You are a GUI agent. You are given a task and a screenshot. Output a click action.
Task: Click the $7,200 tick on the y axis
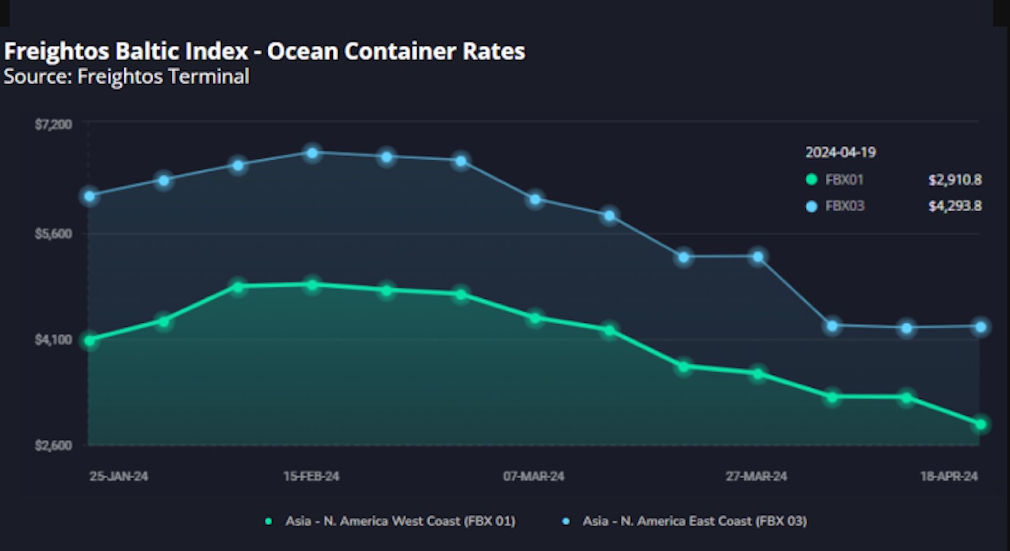(53, 124)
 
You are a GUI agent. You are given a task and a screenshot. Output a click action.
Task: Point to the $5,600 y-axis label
(53, 234)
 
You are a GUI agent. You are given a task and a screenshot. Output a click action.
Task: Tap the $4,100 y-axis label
(53, 339)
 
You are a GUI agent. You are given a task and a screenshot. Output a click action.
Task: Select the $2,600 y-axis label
(53, 445)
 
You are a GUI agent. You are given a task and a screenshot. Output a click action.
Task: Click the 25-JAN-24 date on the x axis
(119, 476)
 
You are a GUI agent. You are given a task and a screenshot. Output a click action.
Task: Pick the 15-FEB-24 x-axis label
(311, 476)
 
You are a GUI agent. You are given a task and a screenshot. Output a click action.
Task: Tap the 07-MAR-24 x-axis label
(534, 476)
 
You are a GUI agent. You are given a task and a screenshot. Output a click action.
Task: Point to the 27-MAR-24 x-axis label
(756, 476)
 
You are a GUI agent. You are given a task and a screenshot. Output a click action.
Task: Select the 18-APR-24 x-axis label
(949, 476)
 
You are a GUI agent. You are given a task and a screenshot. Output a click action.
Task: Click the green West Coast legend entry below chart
(391, 521)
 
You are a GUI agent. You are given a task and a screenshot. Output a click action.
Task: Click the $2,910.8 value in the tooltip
(955, 180)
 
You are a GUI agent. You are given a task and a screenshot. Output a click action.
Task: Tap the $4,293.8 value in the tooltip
(955, 206)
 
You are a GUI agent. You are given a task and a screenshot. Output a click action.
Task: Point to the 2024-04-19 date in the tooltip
(840, 153)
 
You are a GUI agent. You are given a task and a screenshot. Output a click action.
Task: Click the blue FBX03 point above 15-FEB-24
(313, 153)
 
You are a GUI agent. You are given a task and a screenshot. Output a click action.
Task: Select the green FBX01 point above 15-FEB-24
(313, 285)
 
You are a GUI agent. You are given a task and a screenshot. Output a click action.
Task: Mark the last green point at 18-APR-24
(981, 424)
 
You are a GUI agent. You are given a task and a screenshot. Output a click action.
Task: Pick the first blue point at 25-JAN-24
(90, 196)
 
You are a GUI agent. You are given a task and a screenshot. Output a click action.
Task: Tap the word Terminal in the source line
(208, 77)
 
